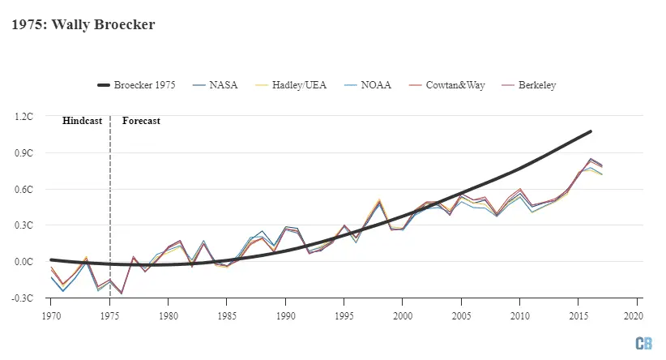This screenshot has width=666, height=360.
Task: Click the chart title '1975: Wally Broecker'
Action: coord(83,25)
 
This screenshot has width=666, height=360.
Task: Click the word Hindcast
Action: coord(83,121)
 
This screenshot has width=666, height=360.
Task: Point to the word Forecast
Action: coord(141,121)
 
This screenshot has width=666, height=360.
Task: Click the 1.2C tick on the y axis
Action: coord(23,117)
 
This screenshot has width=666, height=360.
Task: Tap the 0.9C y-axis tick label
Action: coord(23,153)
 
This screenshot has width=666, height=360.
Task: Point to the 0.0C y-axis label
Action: coord(23,262)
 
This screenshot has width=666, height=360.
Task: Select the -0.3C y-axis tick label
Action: coord(23,298)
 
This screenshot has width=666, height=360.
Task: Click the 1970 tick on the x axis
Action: coord(51,314)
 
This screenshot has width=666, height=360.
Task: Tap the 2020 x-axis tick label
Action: coord(636,314)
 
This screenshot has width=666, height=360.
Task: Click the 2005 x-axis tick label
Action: coord(461,314)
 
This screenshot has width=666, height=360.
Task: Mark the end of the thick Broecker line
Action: coord(590,131)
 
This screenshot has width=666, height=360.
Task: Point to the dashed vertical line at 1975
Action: coord(110,211)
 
